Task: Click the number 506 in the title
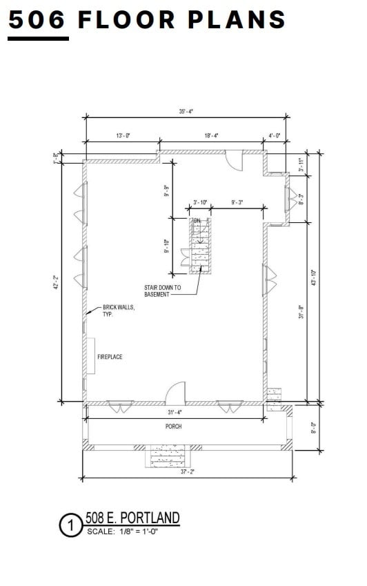(38, 19)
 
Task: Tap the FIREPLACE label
(110, 357)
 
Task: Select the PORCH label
(173, 427)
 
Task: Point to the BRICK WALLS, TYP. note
(119, 311)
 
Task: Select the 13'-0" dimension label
(123, 136)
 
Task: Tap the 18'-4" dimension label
(211, 136)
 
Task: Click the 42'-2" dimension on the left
(56, 282)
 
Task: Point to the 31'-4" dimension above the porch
(175, 413)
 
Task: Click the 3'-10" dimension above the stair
(200, 202)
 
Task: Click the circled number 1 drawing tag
(70, 526)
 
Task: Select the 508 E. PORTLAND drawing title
(132, 518)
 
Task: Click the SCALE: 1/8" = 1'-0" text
(123, 531)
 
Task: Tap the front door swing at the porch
(175, 393)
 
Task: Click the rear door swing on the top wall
(235, 160)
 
